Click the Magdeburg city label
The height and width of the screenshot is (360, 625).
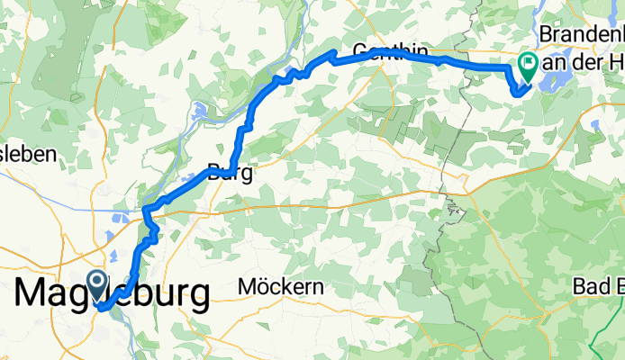(x=113, y=293)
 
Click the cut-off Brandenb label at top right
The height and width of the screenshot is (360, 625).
(x=580, y=33)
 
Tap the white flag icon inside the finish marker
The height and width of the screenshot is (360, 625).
(x=526, y=63)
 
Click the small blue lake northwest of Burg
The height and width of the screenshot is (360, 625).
(x=201, y=113)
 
